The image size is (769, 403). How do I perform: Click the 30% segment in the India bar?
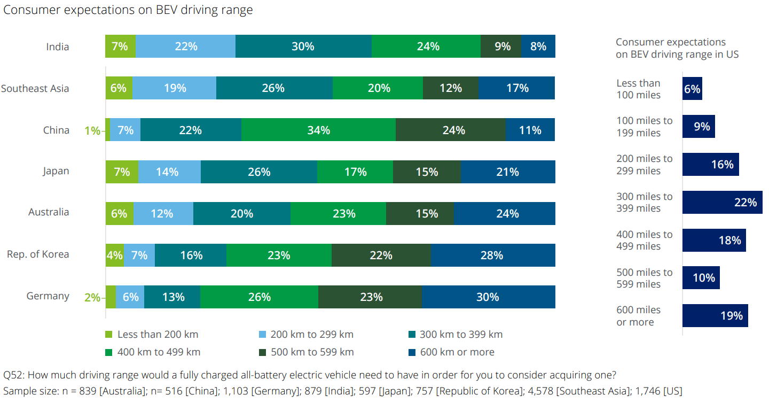303,46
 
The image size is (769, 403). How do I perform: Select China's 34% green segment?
318,130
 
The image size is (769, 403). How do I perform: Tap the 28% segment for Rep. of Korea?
492,255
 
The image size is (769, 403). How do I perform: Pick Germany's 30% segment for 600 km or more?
488,297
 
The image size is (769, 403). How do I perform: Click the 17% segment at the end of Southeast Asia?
516,88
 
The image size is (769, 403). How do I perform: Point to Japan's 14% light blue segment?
169,172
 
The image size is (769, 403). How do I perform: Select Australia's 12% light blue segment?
163,213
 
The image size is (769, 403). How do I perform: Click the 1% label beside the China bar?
92,130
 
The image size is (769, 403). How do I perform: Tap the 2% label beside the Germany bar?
92,297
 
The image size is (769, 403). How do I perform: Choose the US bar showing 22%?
722,202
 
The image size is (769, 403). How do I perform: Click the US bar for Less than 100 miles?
692,89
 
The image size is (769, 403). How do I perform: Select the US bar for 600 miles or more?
715,315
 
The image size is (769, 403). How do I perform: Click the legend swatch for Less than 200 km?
109,335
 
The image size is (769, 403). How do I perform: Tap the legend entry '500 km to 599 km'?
312,352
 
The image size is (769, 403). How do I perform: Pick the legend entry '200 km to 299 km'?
312,335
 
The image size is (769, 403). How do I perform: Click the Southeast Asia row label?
35,89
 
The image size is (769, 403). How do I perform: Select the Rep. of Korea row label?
38,254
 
